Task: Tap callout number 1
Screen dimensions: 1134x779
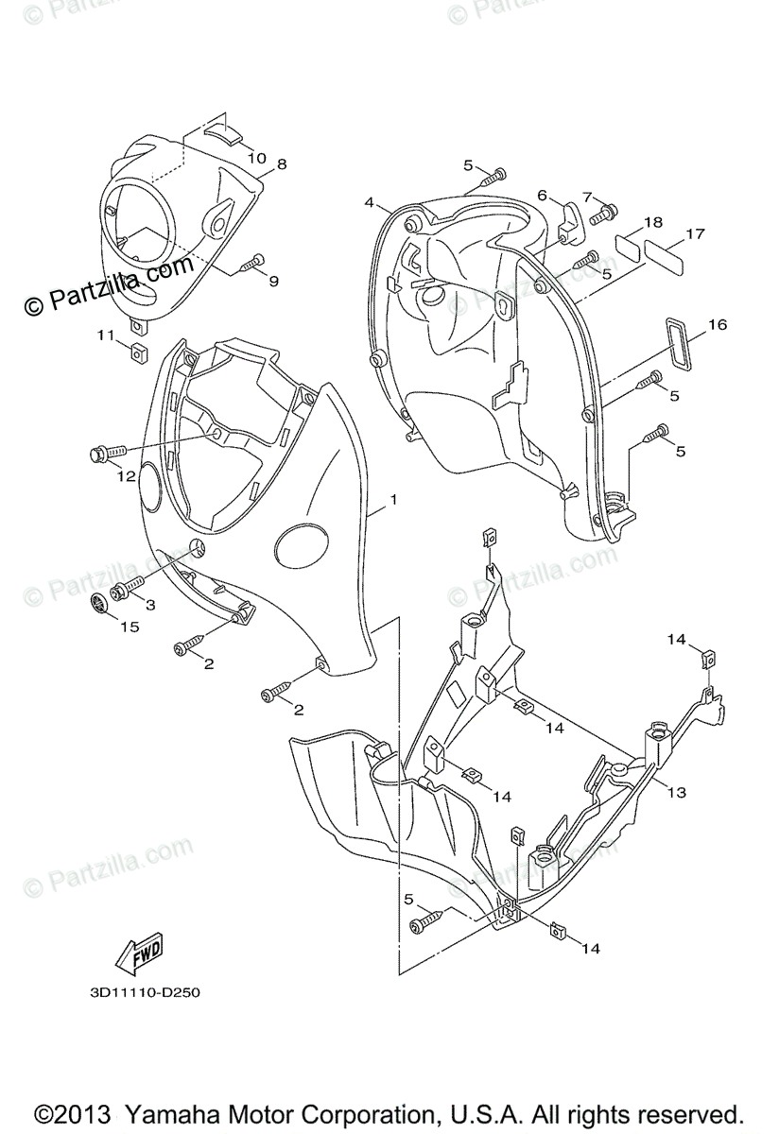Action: [393, 499]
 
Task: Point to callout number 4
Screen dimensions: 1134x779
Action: [370, 202]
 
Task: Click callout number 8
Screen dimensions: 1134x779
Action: [281, 164]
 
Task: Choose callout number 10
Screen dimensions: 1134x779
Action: [257, 157]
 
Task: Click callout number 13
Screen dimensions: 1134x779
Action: [678, 792]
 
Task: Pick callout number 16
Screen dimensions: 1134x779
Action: [717, 325]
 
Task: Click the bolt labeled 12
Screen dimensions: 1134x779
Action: [106, 455]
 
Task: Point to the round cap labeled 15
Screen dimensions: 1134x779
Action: [101, 606]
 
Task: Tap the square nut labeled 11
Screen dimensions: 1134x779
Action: [137, 353]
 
